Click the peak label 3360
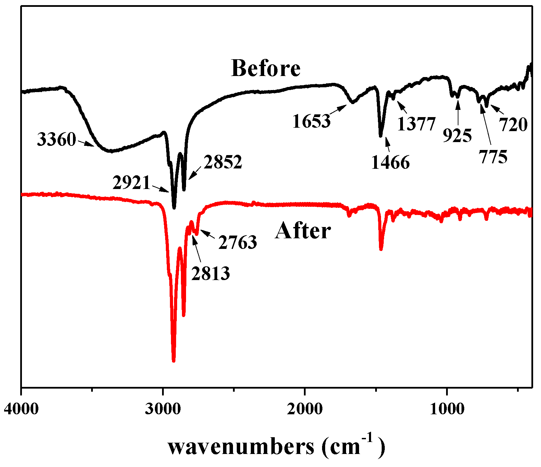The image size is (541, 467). (x=56, y=139)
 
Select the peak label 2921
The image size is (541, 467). (x=132, y=183)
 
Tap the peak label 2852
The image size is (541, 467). (x=223, y=162)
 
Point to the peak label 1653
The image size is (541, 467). (x=311, y=121)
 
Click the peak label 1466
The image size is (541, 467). (x=390, y=163)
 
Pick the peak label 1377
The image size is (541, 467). (x=416, y=124)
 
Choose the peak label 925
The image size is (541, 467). (x=457, y=136)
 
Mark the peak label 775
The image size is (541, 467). (x=493, y=157)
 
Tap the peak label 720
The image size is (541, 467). (x=513, y=125)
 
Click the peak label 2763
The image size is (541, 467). (x=237, y=242)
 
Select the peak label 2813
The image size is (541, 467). (x=210, y=273)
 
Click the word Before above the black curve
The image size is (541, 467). (x=266, y=68)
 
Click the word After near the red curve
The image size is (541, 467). (x=303, y=231)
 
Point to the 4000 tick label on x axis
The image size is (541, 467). (x=21, y=409)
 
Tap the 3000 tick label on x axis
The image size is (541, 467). (x=162, y=409)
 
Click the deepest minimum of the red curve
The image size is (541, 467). (x=173, y=360)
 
